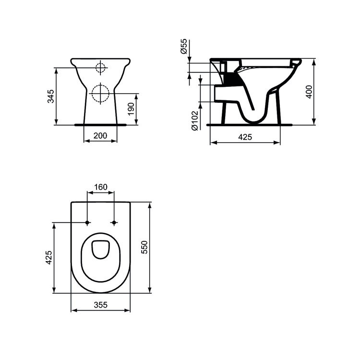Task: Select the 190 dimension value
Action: [x=131, y=109]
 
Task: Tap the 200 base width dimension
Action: [x=100, y=135]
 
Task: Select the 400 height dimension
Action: [x=310, y=91]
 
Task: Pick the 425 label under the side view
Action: [x=245, y=137]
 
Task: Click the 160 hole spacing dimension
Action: [x=100, y=186]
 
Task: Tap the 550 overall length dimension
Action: [x=144, y=247]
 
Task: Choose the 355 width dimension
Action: [x=100, y=304]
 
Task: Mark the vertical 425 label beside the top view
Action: [x=48, y=257]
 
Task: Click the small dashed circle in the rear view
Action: [x=100, y=68]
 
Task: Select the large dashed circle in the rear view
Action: [x=101, y=93]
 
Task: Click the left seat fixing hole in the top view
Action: [x=87, y=223]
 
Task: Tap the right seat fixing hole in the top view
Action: [x=114, y=223]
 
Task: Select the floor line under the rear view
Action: [x=101, y=125]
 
